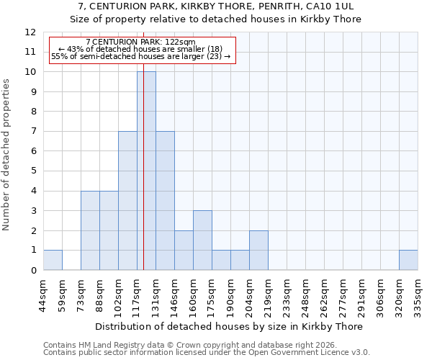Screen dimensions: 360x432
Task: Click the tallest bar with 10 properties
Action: [146, 171]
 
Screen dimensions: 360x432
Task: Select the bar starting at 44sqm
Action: [53, 260]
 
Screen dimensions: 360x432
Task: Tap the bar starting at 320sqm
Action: [408, 260]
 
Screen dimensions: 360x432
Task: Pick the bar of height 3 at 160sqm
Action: [202, 240]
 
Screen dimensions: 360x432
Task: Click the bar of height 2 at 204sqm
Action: [258, 250]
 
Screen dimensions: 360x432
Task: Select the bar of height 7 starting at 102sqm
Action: [127, 200]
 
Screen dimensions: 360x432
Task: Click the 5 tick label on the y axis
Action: [33, 171]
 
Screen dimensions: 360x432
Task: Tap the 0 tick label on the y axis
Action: [33, 271]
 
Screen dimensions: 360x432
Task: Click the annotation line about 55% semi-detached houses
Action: [141, 56]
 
